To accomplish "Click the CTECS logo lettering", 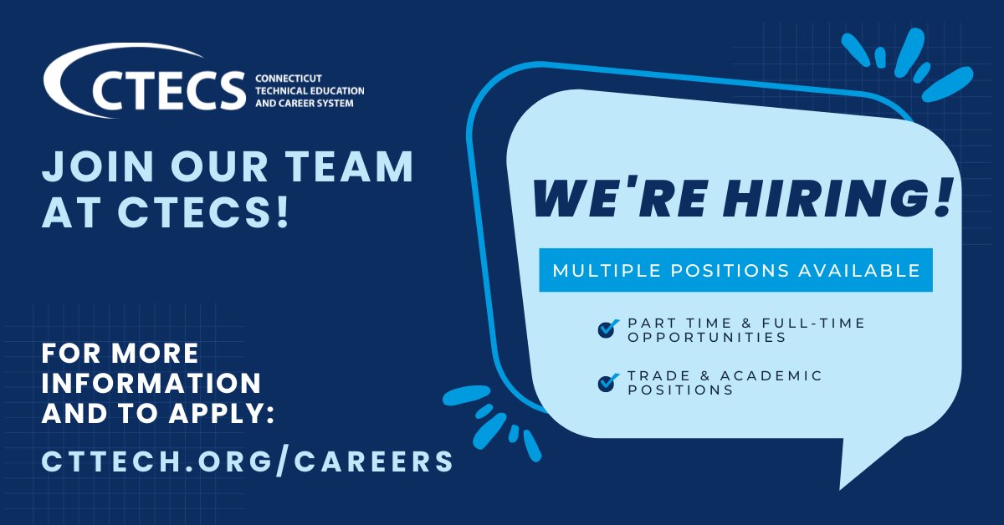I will pyautogui.click(x=167, y=89).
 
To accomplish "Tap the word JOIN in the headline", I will pyautogui.click(x=92, y=167).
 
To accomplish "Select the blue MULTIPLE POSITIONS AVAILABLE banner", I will pyautogui.click(x=735, y=270).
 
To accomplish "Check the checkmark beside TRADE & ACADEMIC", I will pyautogui.click(x=608, y=383).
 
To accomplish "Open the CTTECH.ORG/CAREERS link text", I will pyautogui.click(x=248, y=461).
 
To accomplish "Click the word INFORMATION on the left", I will pyautogui.click(x=151, y=383).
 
